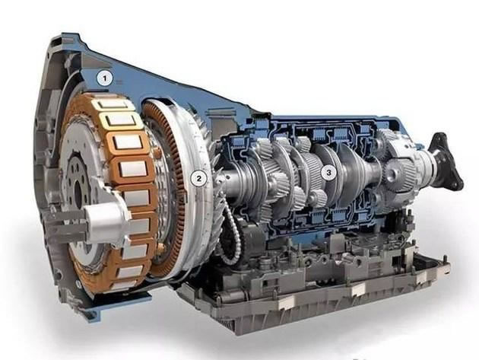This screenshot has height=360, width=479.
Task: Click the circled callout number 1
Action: click(x=105, y=78)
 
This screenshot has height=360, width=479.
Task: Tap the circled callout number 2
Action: click(x=199, y=178)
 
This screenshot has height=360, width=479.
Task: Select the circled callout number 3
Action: click(x=328, y=173)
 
